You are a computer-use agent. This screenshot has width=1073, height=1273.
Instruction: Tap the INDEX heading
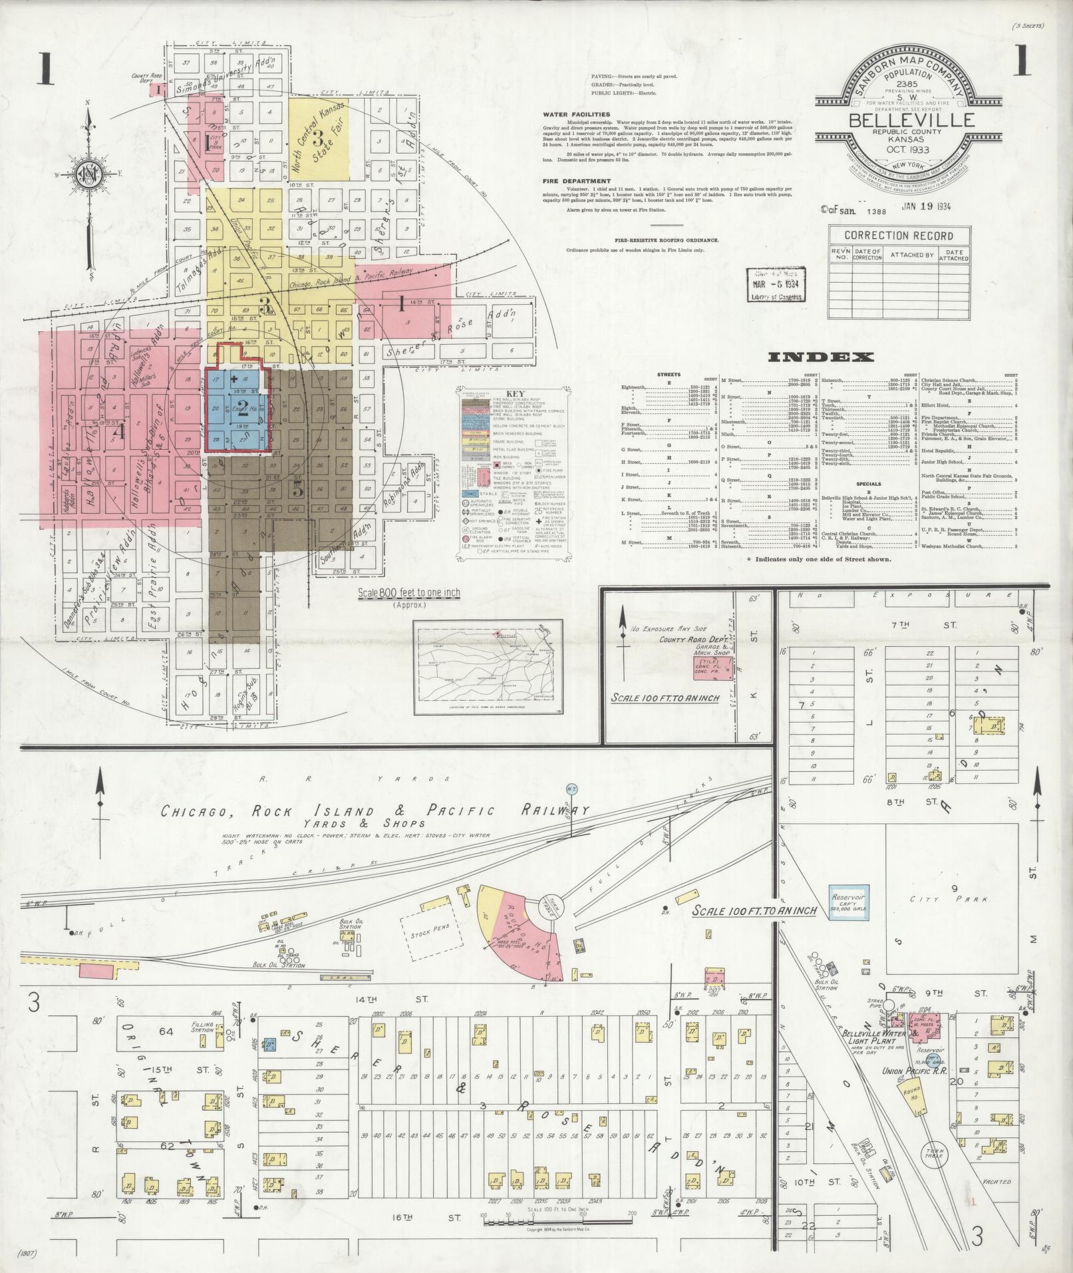(x=820, y=357)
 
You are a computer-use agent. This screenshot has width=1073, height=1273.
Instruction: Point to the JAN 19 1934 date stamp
(x=926, y=206)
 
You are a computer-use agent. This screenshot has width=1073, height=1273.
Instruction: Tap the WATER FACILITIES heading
(x=577, y=114)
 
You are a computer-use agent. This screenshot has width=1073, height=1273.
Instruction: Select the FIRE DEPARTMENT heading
(x=576, y=181)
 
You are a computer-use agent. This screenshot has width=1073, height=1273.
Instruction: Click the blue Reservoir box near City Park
(x=848, y=902)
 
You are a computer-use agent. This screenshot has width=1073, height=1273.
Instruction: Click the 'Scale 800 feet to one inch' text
(x=408, y=593)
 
